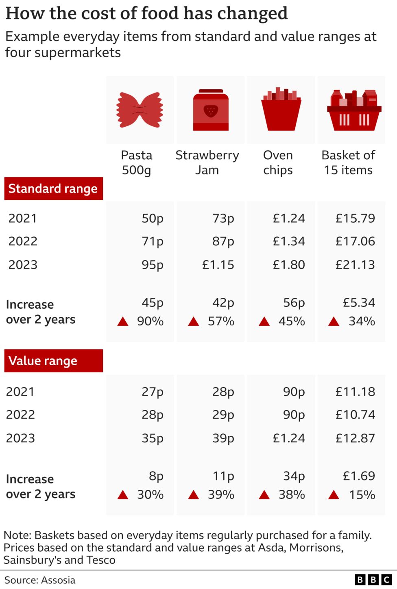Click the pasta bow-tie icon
(x=140, y=110)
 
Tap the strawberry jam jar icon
(x=211, y=110)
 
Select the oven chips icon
(x=281, y=109)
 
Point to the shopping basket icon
(x=354, y=110)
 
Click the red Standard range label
(x=53, y=188)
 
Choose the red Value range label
(x=53, y=361)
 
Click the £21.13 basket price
(x=355, y=265)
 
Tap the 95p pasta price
(x=153, y=265)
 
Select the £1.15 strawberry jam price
(x=218, y=265)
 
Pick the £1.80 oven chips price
(x=289, y=265)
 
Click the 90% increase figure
(x=150, y=321)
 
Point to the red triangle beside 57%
(x=194, y=322)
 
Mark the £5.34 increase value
(x=359, y=303)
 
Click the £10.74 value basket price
(x=355, y=415)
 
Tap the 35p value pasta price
(x=153, y=438)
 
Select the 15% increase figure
(x=362, y=495)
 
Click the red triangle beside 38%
(x=264, y=495)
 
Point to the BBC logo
(x=373, y=580)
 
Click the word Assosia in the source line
(x=58, y=580)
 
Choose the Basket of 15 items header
(x=348, y=162)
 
